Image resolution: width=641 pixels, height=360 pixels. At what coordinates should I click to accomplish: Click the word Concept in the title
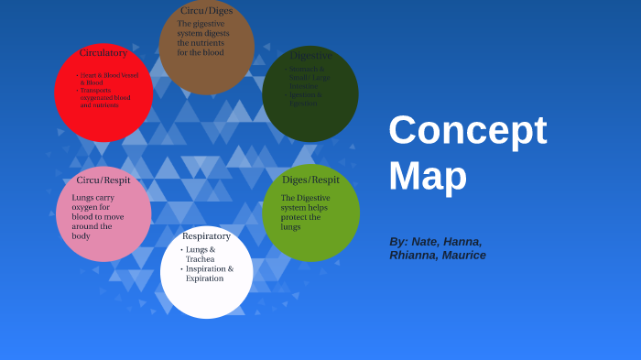click(x=467, y=130)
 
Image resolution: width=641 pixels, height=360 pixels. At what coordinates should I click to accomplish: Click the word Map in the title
click(x=428, y=175)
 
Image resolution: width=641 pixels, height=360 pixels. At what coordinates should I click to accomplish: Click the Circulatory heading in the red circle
click(x=103, y=53)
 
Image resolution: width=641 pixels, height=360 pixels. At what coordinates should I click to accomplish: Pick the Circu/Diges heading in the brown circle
click(x=206, y=11)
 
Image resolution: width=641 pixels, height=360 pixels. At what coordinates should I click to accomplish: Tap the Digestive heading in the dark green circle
click(x=310, y=56)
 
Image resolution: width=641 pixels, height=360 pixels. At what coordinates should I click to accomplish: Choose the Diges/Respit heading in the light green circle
click(x=310, y=180)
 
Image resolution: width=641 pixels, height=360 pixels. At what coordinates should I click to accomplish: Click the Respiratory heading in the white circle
click(x=206, y=236)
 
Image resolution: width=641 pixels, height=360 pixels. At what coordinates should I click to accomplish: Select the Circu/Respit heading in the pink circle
click(x=103, y=180)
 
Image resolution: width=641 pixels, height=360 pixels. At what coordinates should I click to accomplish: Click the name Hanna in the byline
click(x=462, y=242)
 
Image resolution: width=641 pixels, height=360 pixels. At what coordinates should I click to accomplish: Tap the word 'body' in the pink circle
click(x=81, y=236)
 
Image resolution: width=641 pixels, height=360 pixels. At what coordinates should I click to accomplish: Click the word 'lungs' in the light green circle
click(x=291, y=227)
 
